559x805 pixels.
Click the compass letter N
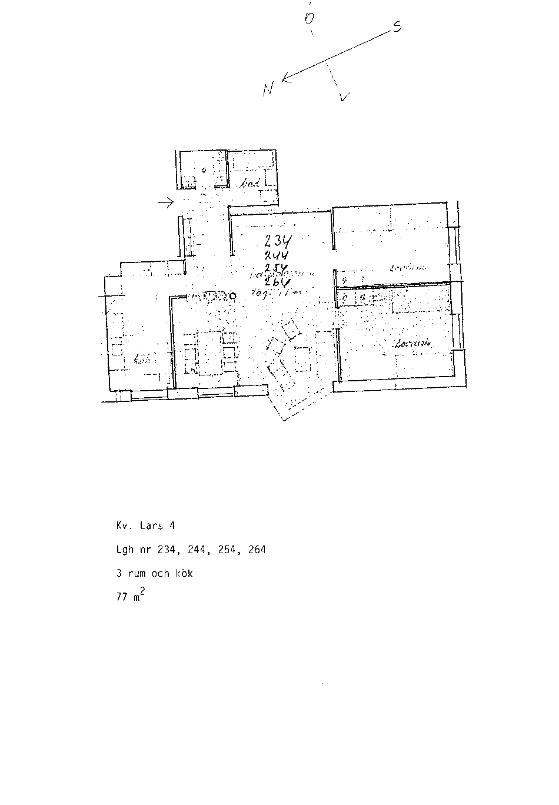click(268, 89)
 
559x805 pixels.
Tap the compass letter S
click(397, 26)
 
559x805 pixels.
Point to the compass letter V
click(345, 97)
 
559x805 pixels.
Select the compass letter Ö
click(309, 18)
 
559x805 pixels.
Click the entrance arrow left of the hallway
click(165, 203)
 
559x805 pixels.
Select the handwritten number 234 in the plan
click(279, 242)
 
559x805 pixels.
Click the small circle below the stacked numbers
click(233, 296)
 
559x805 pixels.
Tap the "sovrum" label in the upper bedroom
click(407, 268)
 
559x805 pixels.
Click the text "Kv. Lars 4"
click(145, 525)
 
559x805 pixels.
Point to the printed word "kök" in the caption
click(183, 573)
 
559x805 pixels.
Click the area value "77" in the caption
click(122, 597)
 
